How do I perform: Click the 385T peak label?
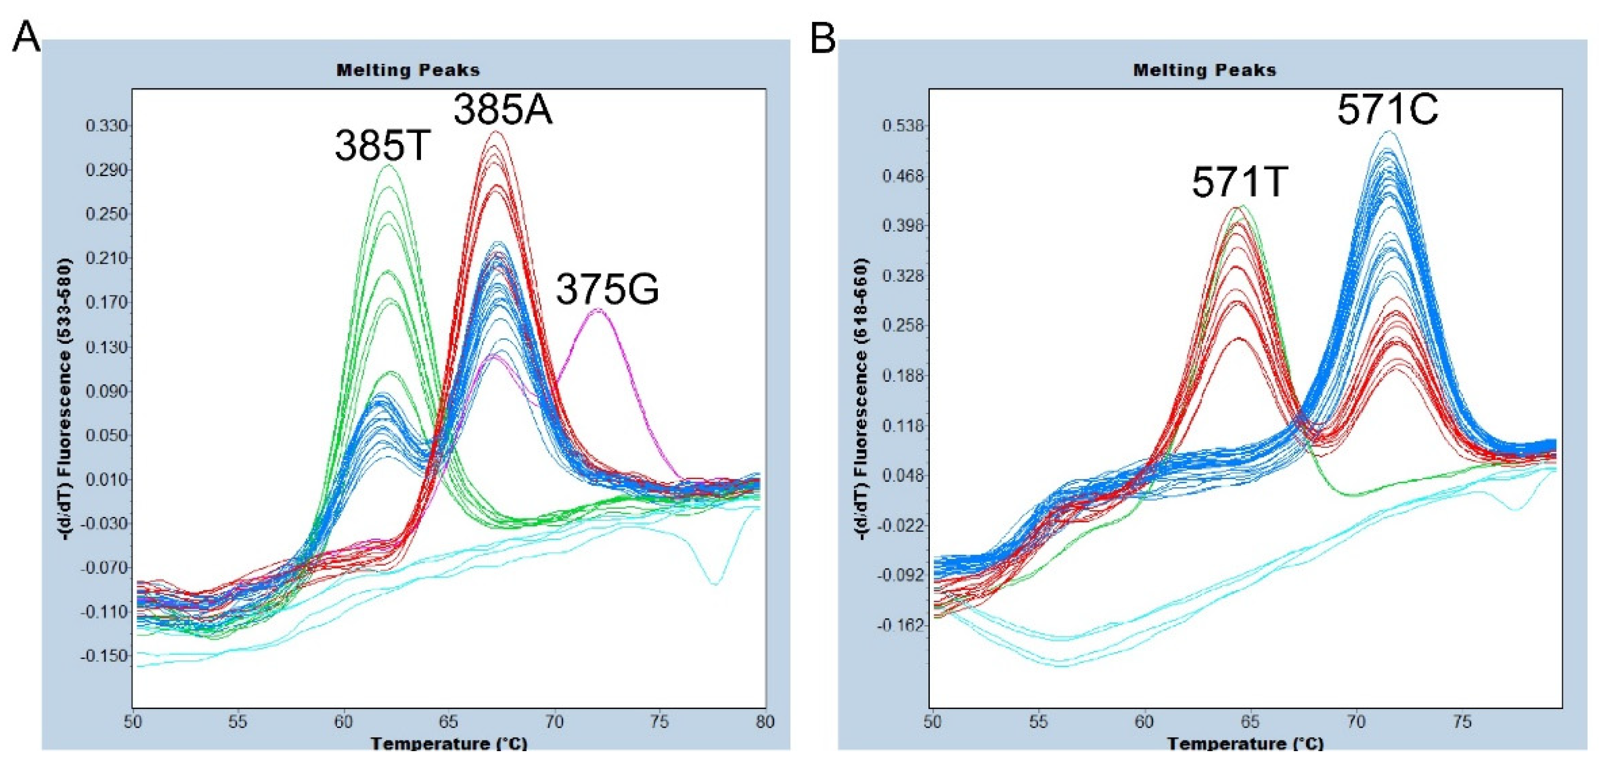(x=382, y=146)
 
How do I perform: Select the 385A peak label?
(x=502, y=111)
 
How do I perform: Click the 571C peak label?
(x=1387, y=111)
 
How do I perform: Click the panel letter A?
(x=26, y=37)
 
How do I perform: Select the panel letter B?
(x=823, y=37)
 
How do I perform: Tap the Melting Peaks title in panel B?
(x=1204, y=70)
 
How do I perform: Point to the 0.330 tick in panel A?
(x=107, y=126)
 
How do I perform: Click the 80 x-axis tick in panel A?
(x=765, y=722)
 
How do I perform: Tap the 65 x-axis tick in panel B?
(x=1250, y=722)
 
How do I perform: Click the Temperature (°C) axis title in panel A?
(x=449, y=743)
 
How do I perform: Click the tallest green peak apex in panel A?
(x=388, y=165)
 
